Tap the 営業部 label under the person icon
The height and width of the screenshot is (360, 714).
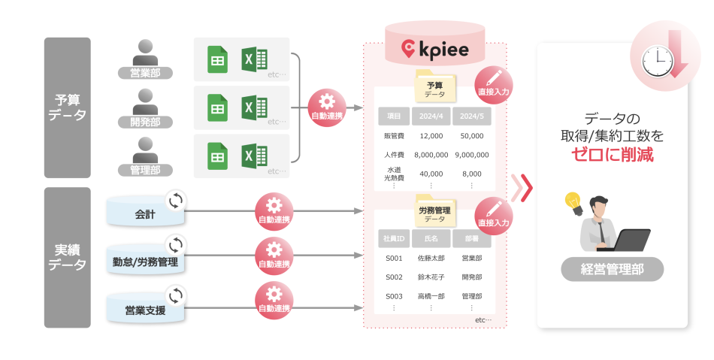[x=145, y=73]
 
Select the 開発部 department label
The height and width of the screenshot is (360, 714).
[x=145, y=122]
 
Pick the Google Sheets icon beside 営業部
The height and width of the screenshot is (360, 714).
[x=217, y=59]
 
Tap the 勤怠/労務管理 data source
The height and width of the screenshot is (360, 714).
[x=145, y=262]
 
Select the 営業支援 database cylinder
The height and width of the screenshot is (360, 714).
[x=145, y=309]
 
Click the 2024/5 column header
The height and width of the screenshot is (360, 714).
[x=471, y=116]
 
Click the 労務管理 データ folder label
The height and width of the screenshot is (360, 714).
[x=434, y=213]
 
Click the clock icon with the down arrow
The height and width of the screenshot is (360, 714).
[x=660, y=56]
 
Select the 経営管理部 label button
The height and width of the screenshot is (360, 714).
[x=612, y=268]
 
